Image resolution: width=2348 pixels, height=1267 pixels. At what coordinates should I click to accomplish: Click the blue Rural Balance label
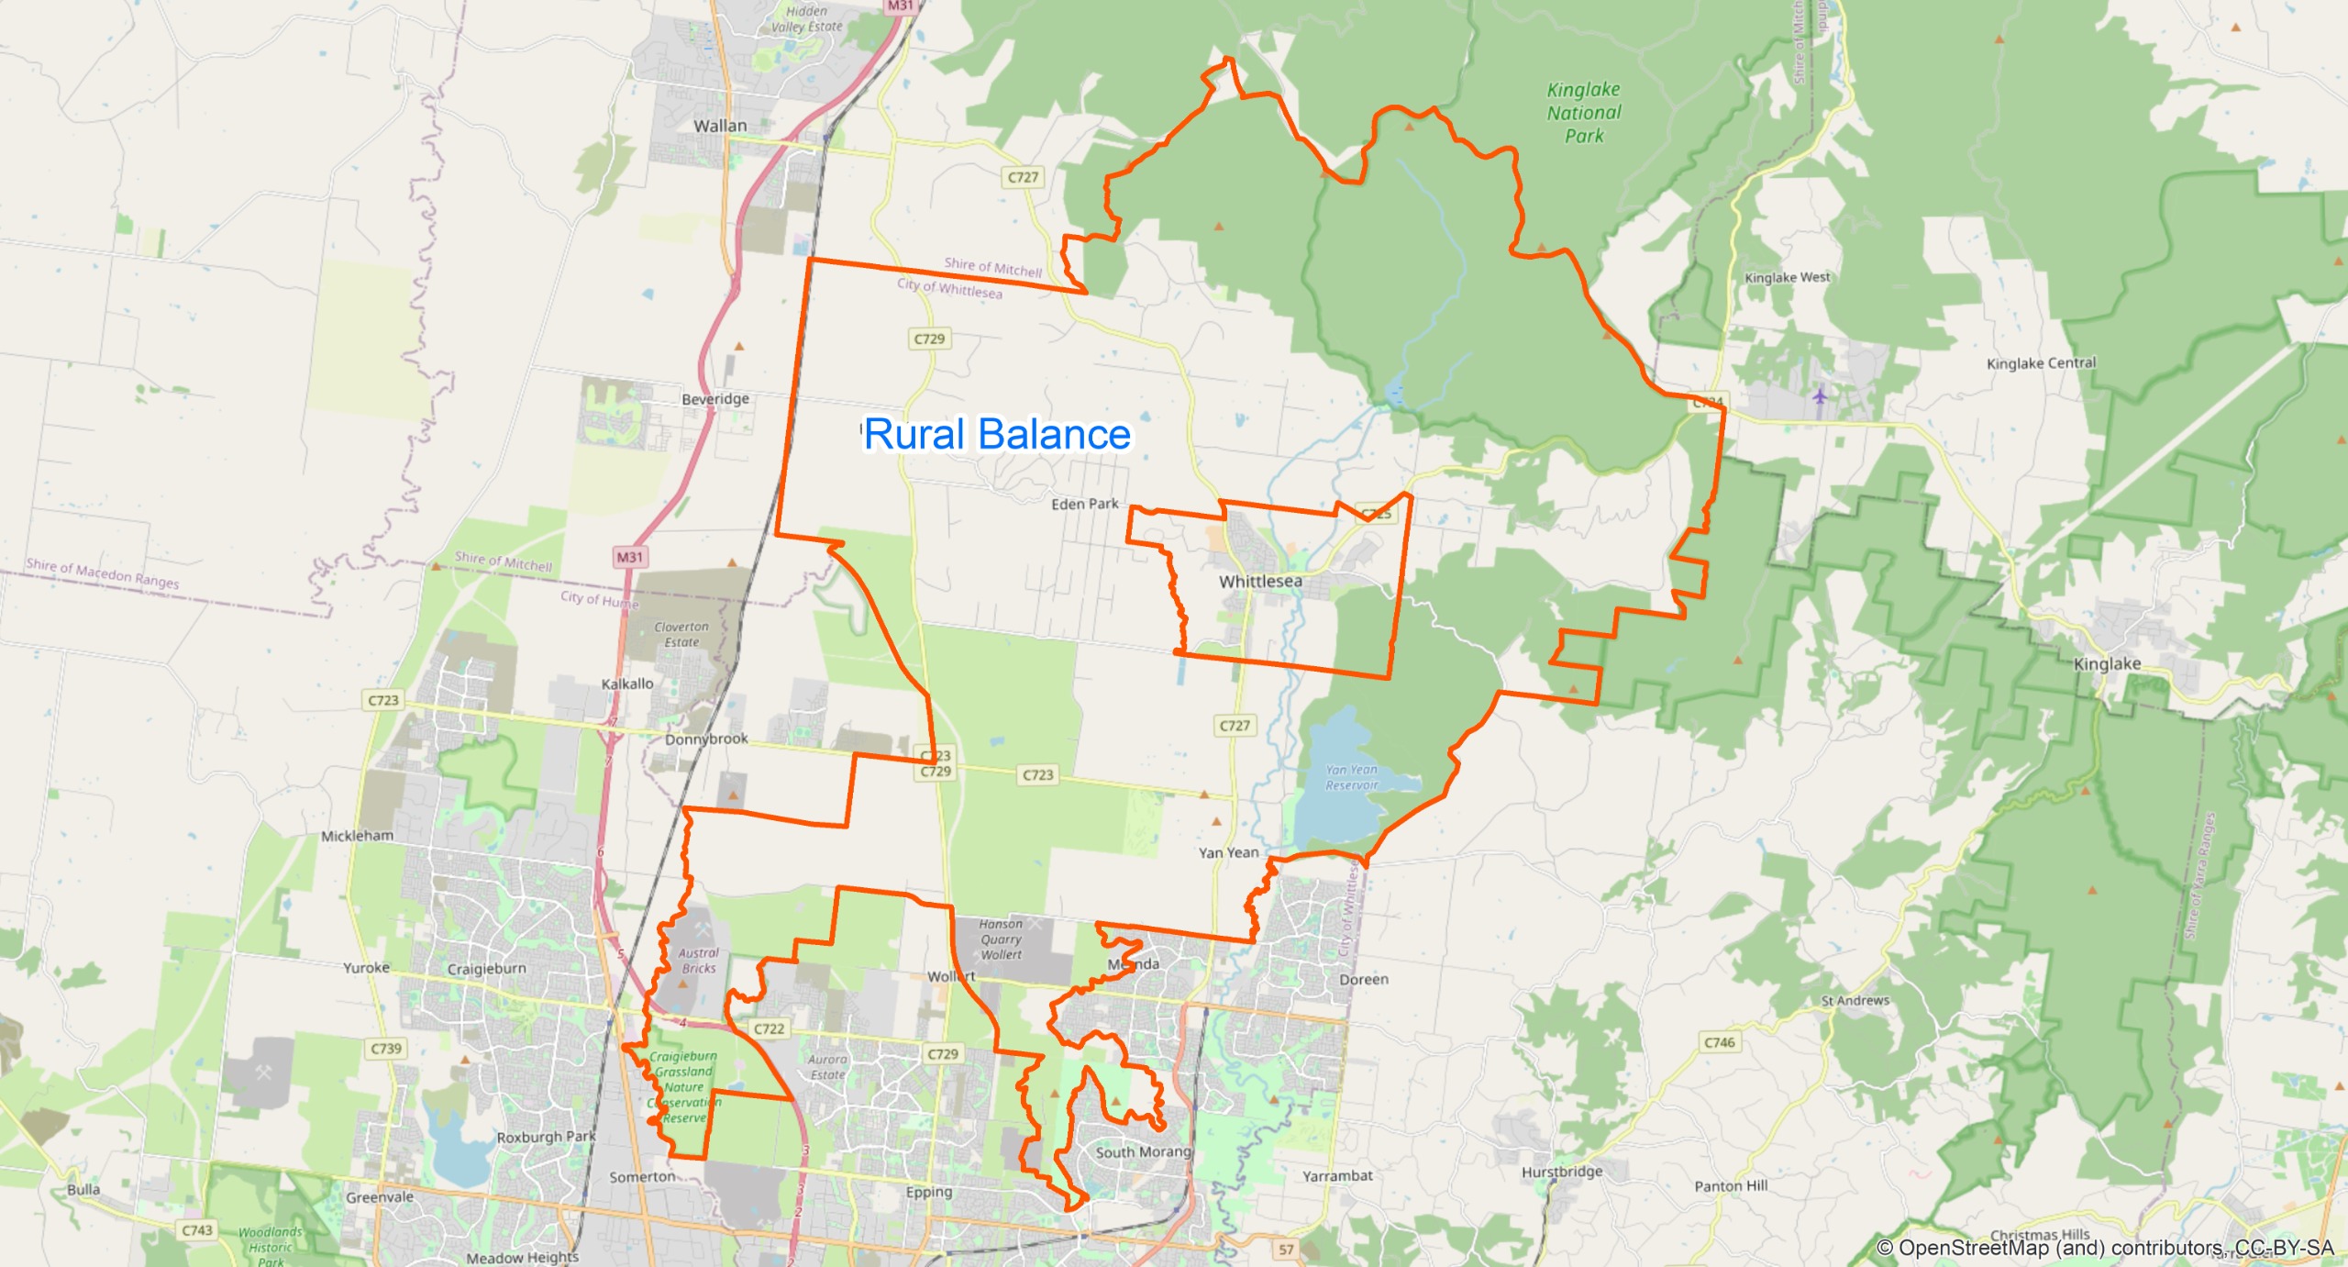click(x=997, y=434)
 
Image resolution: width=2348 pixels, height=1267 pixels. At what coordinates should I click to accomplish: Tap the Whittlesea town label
click(x=1259, y=582)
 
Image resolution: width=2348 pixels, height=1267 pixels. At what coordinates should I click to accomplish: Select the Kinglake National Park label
click(x=1583, y=113)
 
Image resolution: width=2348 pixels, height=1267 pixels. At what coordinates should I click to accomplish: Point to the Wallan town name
click(x=720, y=126)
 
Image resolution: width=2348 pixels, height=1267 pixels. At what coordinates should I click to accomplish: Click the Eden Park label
click(x=1084, y=504)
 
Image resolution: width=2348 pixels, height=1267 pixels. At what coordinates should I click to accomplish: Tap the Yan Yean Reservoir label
click(x=1351, y=777)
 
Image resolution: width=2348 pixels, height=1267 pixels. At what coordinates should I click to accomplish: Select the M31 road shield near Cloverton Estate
click(x=630, y=557)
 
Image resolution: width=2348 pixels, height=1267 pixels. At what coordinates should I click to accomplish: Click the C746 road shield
click(x=1719, y=1042)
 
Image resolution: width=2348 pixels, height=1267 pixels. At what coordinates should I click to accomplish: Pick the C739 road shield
click(x=386, y=1048)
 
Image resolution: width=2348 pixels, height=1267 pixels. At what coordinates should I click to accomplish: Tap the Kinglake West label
click(x=1787, y=277)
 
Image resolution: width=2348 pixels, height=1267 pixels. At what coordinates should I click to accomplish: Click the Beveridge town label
click(x=715, y=399)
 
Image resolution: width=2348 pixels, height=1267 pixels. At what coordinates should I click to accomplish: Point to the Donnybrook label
click(x=706, y=739)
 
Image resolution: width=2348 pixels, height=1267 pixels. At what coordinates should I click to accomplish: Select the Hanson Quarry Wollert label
click(x=1001, y=939)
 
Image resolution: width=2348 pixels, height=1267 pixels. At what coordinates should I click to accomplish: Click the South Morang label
click(x=1143, y=1151)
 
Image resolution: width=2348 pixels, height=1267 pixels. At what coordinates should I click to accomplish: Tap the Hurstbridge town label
click(x=1562, y=1172)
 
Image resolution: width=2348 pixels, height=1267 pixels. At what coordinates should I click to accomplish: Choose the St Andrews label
click(x=1855, y=1000)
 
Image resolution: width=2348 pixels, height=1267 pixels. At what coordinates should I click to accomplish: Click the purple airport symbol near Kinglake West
click(x=1820, y=395)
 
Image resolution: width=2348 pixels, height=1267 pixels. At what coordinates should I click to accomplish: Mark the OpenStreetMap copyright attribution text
click(x=2104, y=1248)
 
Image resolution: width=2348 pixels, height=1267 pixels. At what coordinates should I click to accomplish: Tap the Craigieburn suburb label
click(x=486, y=969)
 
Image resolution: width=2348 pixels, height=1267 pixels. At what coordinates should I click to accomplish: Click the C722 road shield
click(x=769, y=1028)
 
